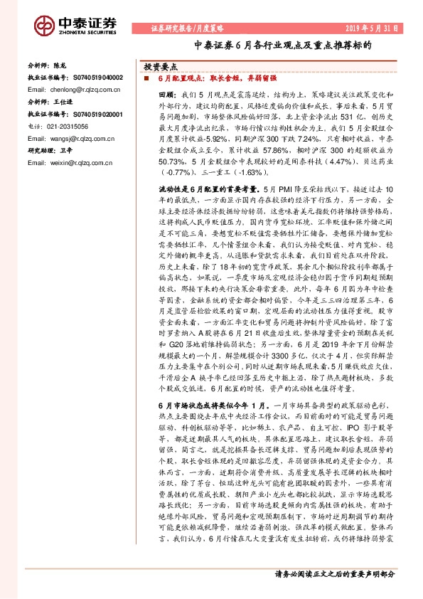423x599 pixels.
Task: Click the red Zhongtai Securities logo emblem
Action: click(46, 26)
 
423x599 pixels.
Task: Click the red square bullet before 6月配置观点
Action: click(147, 78)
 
